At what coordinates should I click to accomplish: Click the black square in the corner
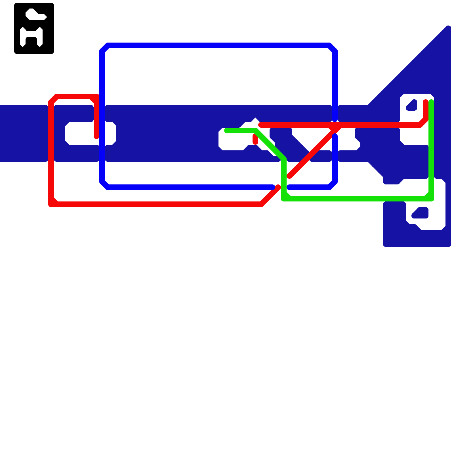pos(34,28)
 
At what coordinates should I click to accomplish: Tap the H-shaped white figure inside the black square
pos(31,37)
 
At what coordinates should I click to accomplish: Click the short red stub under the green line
pos(255,140)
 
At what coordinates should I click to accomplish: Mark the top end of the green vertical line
pos(431,102)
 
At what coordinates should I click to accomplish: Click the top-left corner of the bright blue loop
pos(103,47)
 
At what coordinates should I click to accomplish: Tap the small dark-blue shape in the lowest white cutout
pos(421,213)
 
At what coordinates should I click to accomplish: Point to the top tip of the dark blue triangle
pos(448,28)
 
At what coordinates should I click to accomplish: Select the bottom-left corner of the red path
pos(52,204)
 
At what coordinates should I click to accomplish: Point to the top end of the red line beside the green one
pos(426,102)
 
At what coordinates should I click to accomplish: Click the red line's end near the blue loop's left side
pos(96,137)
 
